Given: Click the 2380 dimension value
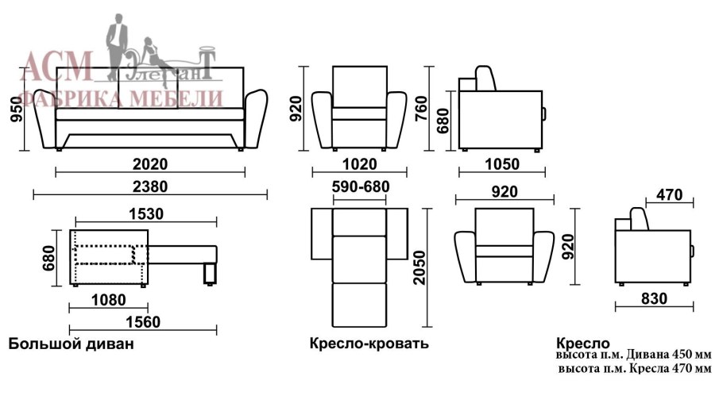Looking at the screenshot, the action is click(x=150, y=186).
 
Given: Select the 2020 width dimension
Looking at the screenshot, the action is click(x=150, y=164).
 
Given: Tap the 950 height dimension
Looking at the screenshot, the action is click(x=16, y=109).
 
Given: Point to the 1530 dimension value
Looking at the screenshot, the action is click(x=146, y=214).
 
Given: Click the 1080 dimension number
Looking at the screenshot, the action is click(x=108, y=300).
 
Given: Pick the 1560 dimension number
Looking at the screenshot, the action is click(x=143, y=322).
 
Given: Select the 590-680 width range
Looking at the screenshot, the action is click(x=361, y=186).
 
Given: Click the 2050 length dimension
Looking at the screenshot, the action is click(x=419, y=267).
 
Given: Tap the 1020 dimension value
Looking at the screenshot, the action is click(x=360, y=164).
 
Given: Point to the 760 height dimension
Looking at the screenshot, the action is click(x=421, y=109).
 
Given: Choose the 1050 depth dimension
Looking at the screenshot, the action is click(x=502, y=164).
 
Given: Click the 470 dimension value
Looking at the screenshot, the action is click(x=670, y=194).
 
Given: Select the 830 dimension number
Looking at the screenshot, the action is click(x=655, y=299).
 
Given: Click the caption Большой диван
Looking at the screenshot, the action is click(x=72, y=344).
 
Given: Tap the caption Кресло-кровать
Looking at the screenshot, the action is click(x=369, y=344).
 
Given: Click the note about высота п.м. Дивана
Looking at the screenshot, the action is click(x=633, y=355).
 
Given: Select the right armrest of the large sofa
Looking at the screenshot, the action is click(x=256, y=119).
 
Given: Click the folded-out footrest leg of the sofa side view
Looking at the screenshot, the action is click(x=210, y=274).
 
